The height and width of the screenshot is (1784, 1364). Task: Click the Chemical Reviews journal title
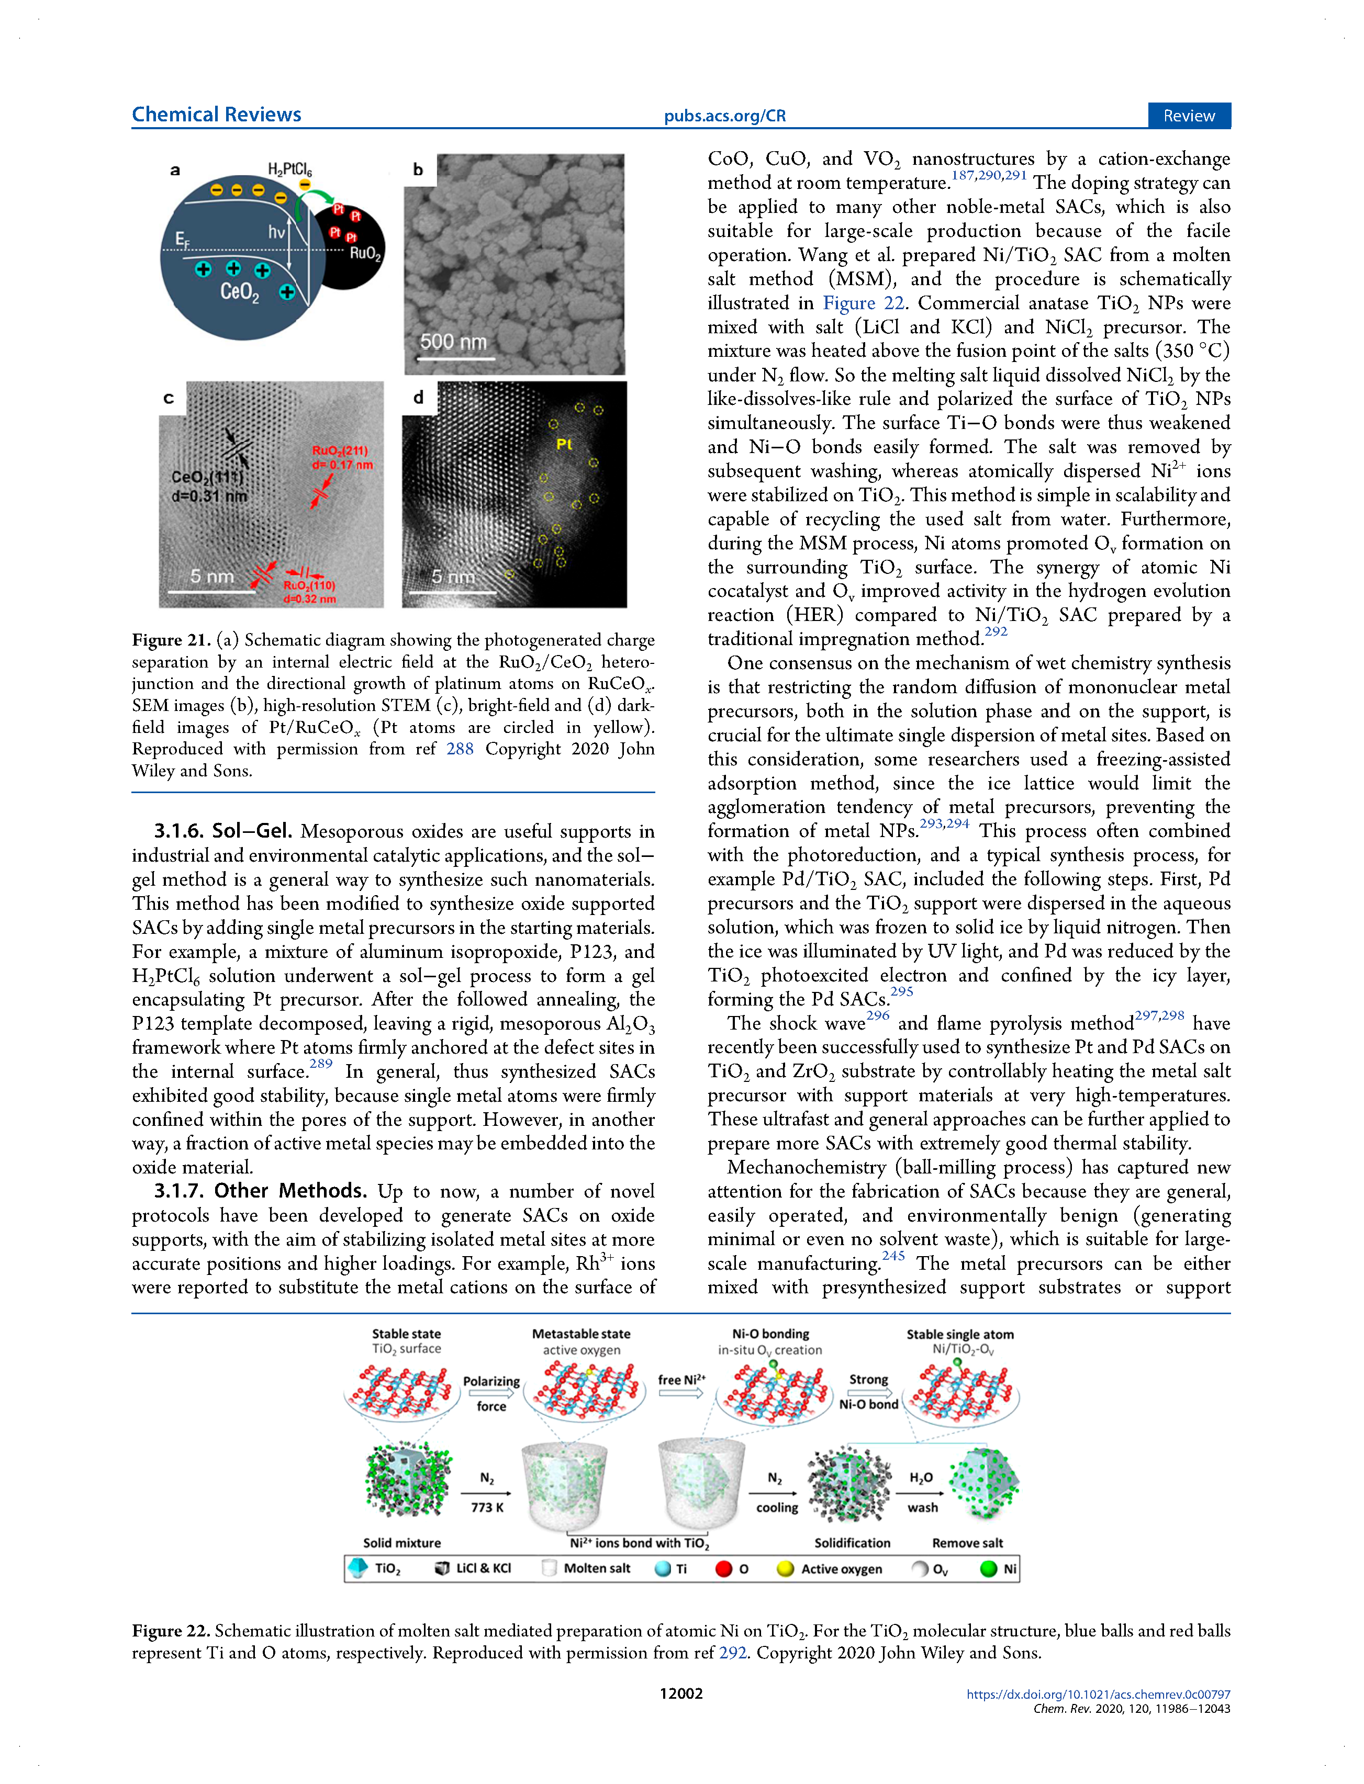click(216, 115)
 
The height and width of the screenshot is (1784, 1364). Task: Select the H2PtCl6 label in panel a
click(290, 170)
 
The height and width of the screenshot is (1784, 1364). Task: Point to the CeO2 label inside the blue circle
click(240, 291)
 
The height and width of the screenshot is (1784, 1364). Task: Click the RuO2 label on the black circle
click(364, 253)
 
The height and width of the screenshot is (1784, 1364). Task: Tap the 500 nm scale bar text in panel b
click(453, 342)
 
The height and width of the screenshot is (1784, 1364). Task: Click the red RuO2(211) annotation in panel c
click(340, 450)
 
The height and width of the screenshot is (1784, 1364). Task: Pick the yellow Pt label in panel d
click(564, 444)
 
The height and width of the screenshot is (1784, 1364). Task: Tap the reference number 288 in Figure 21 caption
click(460, 748)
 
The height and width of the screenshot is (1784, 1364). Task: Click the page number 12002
click(680, 1693)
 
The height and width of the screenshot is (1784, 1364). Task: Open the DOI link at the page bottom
click(1098, 1694)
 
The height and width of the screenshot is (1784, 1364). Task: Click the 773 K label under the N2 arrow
click(487, 1507)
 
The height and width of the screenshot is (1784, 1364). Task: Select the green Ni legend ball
click(988, 1569)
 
